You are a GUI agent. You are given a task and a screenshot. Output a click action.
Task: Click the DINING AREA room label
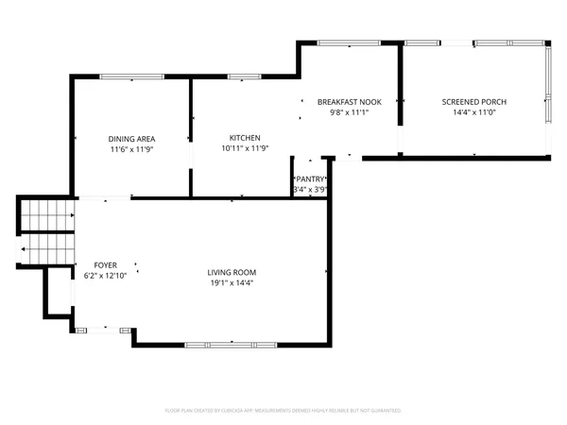click(131, 139)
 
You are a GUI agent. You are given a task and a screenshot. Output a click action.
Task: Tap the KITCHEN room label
click(245, 138)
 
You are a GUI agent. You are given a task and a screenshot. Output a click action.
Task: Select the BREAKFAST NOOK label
click(349, 101)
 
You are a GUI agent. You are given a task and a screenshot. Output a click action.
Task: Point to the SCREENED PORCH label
click(474, 101)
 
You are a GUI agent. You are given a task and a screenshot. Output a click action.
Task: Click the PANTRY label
click(311, 178)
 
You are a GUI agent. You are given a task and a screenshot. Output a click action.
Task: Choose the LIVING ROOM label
click(232, 272)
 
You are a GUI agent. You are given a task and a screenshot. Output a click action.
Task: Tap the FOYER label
click(105, 264)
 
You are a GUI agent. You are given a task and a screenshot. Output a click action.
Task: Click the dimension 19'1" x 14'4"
click(232, 282)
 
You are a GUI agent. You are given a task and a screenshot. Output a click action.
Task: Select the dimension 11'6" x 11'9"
click(131, 149)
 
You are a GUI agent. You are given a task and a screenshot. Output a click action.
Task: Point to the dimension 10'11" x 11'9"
click(245, 148)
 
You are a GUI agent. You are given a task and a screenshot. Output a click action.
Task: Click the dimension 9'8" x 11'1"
click(349, 111)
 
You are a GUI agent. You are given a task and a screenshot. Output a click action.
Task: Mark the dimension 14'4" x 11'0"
click(474, 111)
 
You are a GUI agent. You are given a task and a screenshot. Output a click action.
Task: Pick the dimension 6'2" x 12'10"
click(105, 275)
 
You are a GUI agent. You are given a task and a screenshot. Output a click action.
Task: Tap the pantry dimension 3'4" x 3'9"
click(310, 189)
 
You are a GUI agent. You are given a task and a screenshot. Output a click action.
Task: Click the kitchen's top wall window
click(244, 76)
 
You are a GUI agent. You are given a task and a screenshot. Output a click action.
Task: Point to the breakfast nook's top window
click(349, 42)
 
